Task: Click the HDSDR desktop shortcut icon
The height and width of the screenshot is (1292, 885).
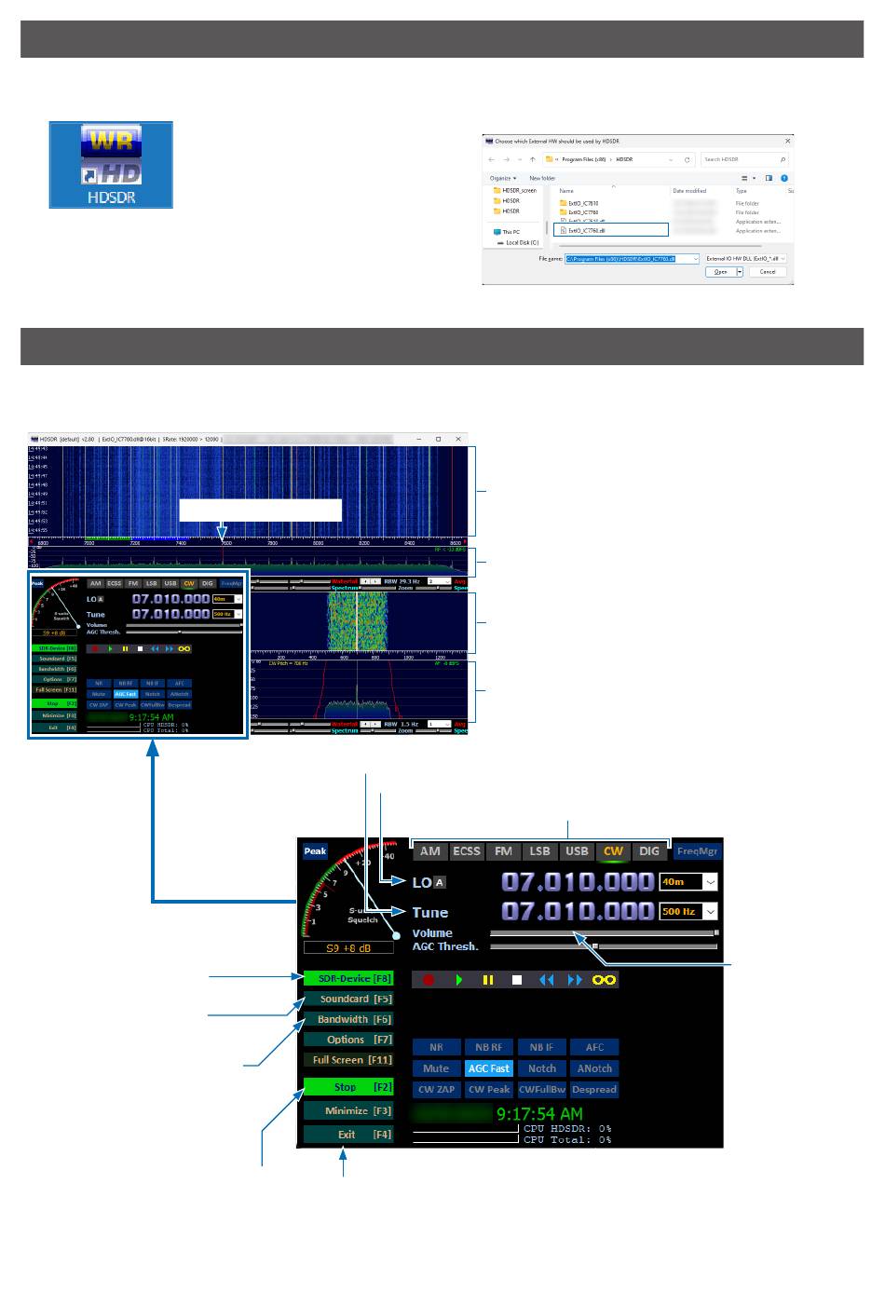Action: [111, 164]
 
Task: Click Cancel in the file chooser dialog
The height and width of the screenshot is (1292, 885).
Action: [768, 272]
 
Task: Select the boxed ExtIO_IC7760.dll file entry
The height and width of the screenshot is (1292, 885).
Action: [611, 230]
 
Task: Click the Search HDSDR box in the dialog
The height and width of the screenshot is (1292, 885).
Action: [742, 159]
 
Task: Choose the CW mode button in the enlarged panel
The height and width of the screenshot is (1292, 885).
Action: [613, 850]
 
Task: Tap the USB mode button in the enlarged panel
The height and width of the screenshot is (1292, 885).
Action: [577, 850]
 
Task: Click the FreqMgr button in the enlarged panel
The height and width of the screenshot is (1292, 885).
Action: [698, 850]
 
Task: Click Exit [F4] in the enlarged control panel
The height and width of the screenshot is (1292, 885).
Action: [348, 1135]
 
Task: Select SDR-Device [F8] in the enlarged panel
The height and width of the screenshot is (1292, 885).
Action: [348, 978]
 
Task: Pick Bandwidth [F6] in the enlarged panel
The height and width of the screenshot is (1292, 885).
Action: [348, 1019]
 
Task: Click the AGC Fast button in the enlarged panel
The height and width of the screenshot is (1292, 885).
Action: [489, 1068]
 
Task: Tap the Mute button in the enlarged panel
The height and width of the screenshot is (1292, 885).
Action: [436, 1068]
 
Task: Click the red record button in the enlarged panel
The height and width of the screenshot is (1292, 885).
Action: [429, 980]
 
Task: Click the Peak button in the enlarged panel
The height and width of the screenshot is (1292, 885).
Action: [315, 851]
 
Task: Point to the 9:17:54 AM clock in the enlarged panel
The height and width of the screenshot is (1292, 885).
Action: [539, 1113]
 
